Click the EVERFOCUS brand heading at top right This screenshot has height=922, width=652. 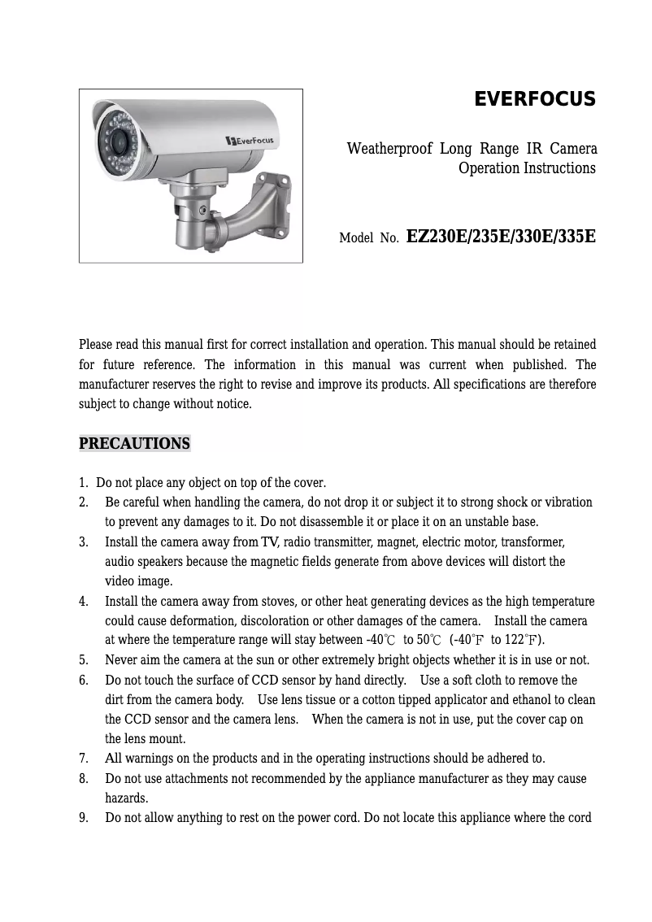[x=535, y=99]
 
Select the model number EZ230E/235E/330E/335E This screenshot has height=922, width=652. [x=501, y=237]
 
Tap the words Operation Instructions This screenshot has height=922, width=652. [x=527, y=168]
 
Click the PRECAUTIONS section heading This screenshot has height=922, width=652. [x=134, y=444]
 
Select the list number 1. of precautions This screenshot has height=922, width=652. [x=84, y=483]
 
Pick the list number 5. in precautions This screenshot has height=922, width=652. [x=84, y=660]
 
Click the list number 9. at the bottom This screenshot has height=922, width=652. [x=84, y=817]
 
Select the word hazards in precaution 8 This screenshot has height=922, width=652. [x=126, y=798]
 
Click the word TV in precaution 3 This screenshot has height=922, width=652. [x=269, y=542]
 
